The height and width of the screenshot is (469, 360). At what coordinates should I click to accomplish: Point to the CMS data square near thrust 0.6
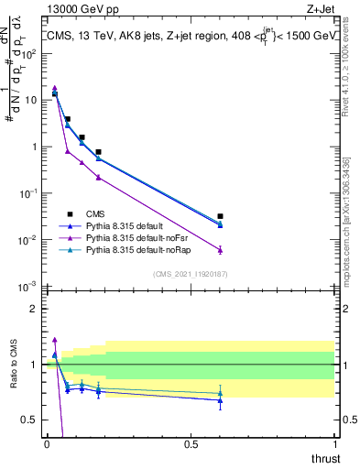click(x=220, y=217)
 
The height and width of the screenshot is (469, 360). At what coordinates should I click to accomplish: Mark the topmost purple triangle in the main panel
click(x=55, y=88)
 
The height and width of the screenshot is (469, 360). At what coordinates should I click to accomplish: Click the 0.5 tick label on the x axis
click(x=191, y=444)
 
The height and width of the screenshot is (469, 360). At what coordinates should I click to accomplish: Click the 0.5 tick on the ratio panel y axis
click(x=29, y=420)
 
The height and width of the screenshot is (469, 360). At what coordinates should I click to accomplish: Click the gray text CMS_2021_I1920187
click(x=191, y=274)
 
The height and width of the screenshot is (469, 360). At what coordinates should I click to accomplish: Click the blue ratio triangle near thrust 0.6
click(x=220, y=399)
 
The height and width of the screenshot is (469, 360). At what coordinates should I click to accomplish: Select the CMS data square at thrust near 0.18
click(x=98, y=152)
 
